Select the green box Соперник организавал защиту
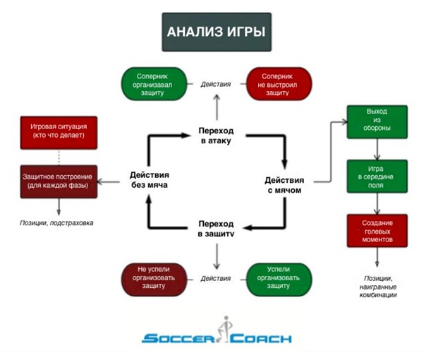point(154,84)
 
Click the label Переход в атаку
point(216,137)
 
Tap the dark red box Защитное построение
point(57,181)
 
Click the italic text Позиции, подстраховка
point(57,222)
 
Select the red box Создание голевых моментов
point(377,230)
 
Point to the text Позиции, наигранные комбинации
point(377,284)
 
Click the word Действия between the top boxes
point(215,84)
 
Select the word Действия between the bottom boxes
point(215,278)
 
